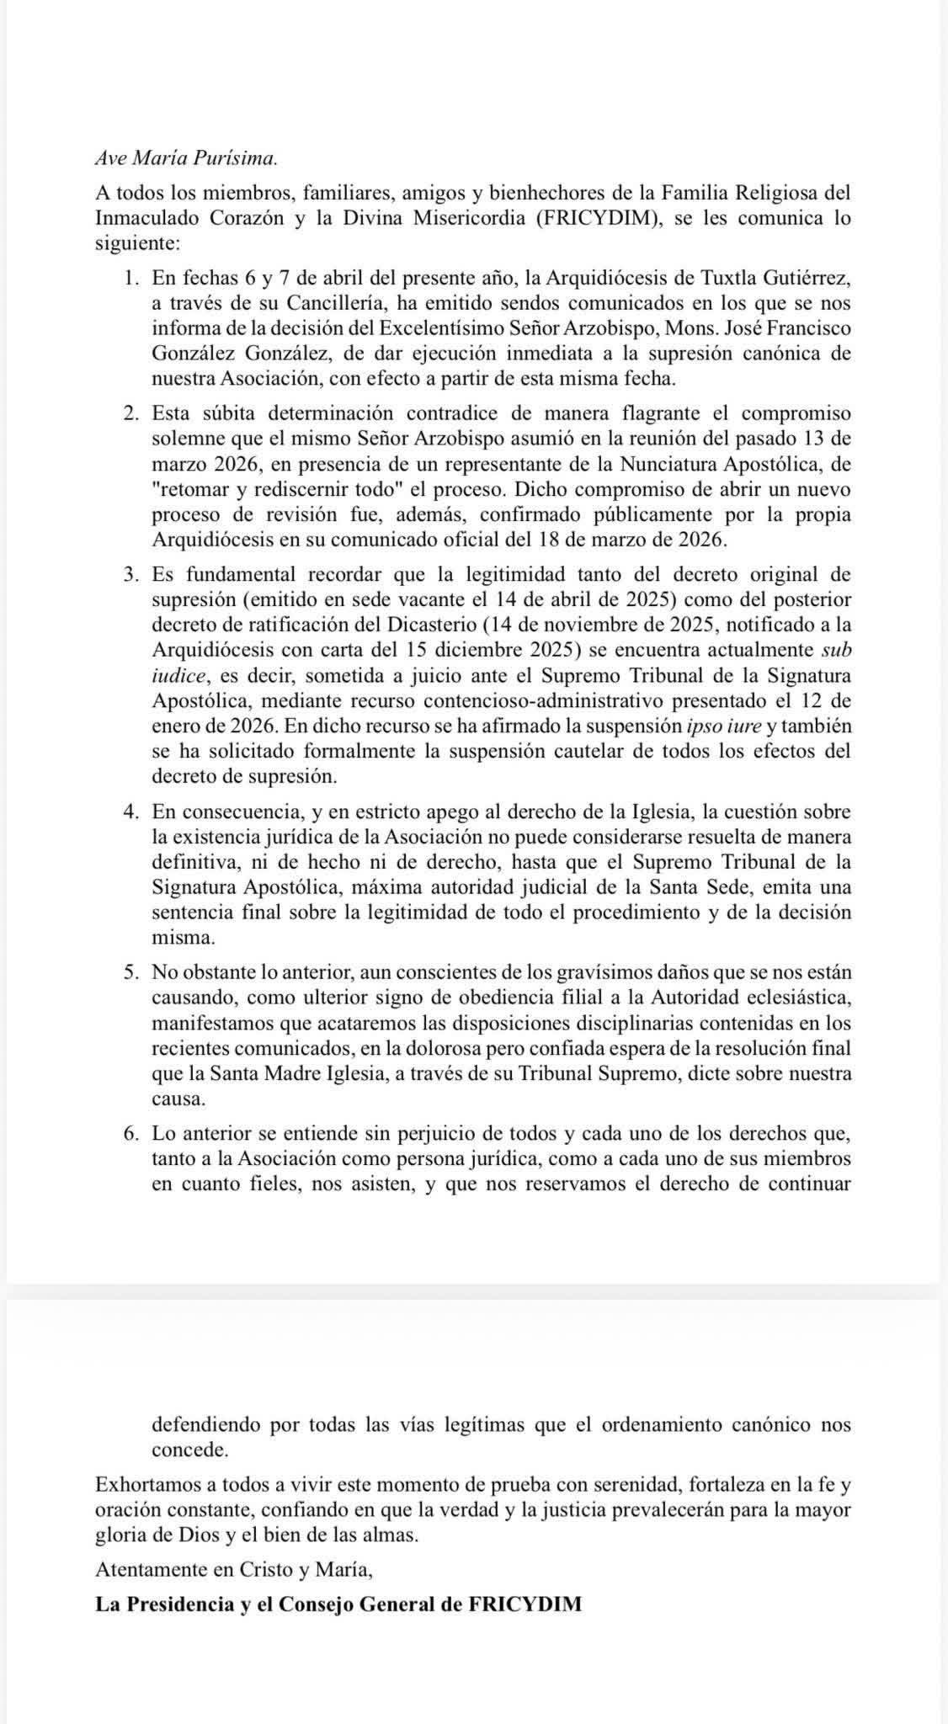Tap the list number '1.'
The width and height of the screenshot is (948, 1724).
(x=130, y=278)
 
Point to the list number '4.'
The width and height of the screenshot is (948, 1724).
(x=130, y=812)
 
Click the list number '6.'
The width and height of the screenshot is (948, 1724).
(x=130, y=1134)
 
